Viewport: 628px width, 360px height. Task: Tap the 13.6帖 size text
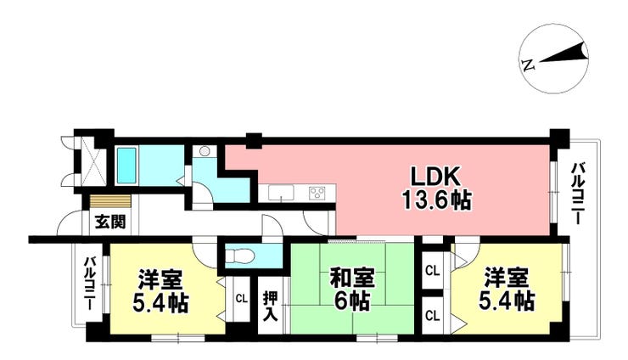(436, 200)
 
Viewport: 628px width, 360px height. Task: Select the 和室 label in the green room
(352, 278)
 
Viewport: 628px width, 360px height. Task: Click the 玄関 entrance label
(110, 222)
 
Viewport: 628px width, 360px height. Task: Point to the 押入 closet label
(271, 307)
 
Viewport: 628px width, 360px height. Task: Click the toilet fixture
(239, 256)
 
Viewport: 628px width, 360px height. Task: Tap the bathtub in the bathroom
(127, 165)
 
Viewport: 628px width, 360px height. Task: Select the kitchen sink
(281, 193)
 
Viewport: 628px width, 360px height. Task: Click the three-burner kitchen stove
(317, 193)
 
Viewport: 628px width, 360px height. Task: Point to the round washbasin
(205, 151)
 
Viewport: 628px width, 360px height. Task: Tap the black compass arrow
(564, 55)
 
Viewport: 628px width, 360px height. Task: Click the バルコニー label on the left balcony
(89, 284)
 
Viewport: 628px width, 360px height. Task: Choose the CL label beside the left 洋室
(241, 299)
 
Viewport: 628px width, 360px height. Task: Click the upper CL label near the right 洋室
(433, 272)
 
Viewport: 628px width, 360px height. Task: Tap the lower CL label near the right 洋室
(433, 316)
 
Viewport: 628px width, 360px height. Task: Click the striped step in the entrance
(110, 201)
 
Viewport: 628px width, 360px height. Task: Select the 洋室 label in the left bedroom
(160, 280)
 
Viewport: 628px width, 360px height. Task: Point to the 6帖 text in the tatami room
(352, 301)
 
